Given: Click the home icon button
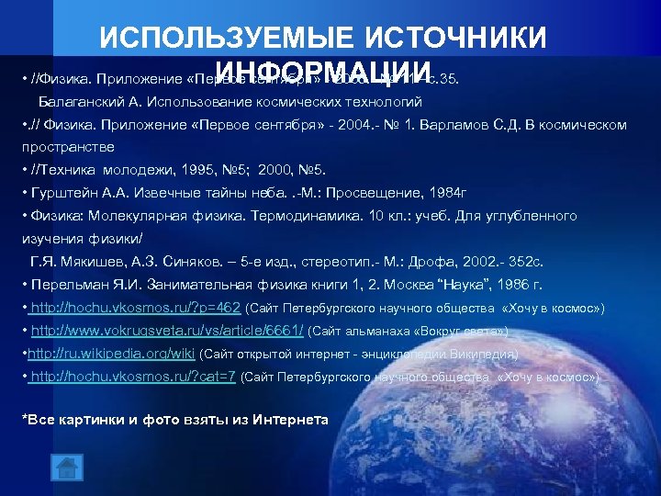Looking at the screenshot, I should pyautogui.click(x=67, y=468).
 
